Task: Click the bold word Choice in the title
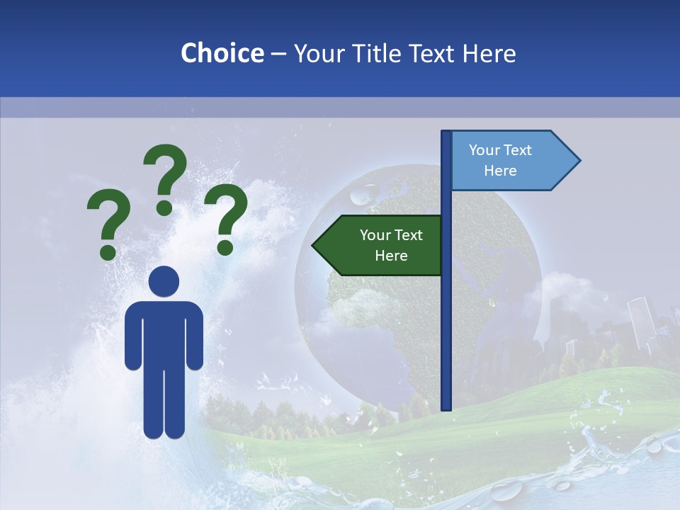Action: (x=222, y=53)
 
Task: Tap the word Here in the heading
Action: (x=489, y=53)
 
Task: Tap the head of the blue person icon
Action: (x=164, y=282)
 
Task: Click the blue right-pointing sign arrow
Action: (x=510, y=161)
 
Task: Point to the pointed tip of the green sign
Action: (x=314, y=246)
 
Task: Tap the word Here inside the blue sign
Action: (x=500, y=171)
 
